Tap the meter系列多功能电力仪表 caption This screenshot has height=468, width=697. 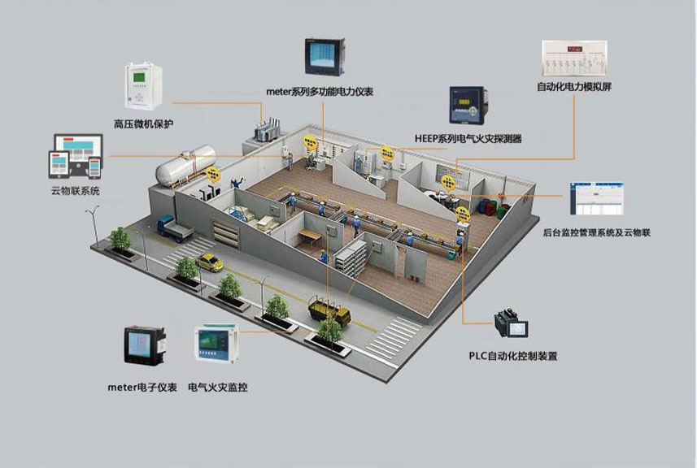tap(320, 92)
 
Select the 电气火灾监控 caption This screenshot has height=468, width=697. tap(217, 387)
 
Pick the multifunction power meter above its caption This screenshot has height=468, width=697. tap(320, 56)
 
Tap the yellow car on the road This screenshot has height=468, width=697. tap(210, 262)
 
